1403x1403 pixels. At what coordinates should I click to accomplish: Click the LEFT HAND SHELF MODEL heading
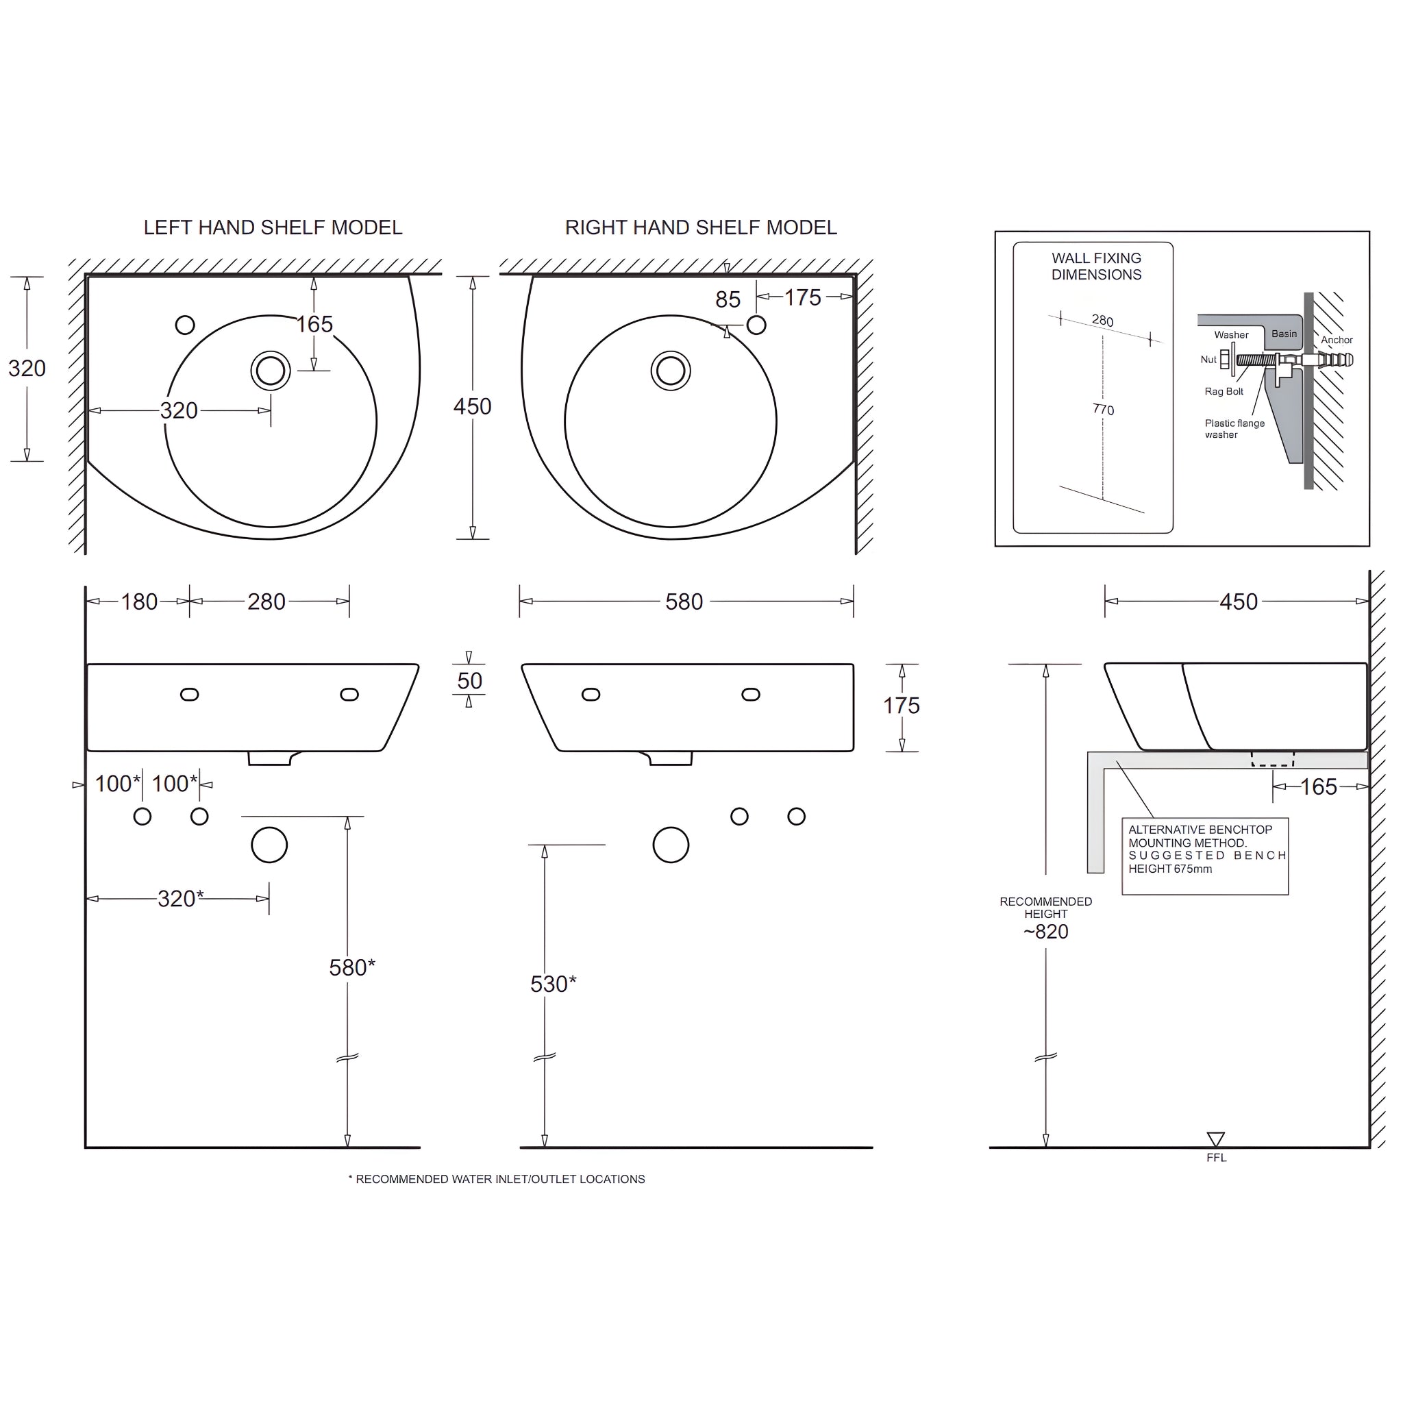(x=273, y=227)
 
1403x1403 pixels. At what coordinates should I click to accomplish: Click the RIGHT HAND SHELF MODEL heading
(x=700, y=227)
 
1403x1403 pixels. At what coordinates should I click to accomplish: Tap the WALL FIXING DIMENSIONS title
(x=1096, y=266)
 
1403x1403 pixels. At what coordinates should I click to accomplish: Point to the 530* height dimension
(x=553, y=983)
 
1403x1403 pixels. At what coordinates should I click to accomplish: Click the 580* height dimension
(x=351, y=967)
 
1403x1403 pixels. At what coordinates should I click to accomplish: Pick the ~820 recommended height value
(x=1045, y=931)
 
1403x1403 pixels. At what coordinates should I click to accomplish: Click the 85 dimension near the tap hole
(x=728, y=299)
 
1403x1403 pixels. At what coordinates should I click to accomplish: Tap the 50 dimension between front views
(x=469, y=680)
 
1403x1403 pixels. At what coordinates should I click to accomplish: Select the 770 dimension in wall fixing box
(x=1103, y=410)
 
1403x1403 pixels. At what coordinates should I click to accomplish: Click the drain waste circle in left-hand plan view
(x=271, y=371)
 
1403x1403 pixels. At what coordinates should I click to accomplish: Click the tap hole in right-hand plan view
(x=756, y=325)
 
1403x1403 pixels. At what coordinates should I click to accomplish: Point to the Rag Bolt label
(x=1224, y=391)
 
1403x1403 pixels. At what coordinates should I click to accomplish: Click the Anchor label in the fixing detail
(x=1336, y=340)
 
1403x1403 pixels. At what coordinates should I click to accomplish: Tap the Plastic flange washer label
(x=1234, y=428)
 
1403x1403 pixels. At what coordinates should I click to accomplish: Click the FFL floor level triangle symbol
(x=1216, y=1138)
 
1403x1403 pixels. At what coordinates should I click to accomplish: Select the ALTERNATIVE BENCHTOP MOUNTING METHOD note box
(x=1205, y=856)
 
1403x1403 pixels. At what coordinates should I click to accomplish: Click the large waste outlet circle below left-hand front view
(x=269, y=845)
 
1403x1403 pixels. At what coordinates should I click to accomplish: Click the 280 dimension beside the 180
(x=266, y=601)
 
